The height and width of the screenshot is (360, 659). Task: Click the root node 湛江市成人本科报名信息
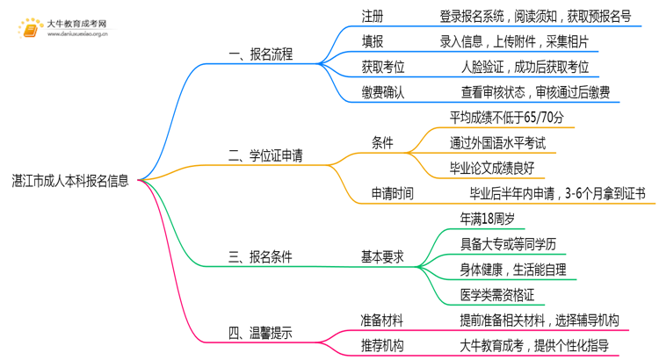tap(70, 182)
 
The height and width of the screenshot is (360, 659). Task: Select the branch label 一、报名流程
tap(260, 54)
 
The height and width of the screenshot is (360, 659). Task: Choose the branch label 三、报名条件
tap(260, 257)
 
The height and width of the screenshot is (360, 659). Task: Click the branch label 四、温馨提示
tap(260, 333)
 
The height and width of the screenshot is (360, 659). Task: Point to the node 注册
tap(373, 16)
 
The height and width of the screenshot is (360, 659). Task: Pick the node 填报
tap(373, 41)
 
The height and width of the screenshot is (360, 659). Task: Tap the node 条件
tap(383, 143)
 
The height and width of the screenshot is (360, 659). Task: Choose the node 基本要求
tap(383, 257)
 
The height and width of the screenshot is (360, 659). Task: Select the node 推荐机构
tap(383, 345)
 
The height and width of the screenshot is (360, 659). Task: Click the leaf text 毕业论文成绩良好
tap(503, 168)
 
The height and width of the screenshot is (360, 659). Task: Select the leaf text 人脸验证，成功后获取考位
tap(525, 67)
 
